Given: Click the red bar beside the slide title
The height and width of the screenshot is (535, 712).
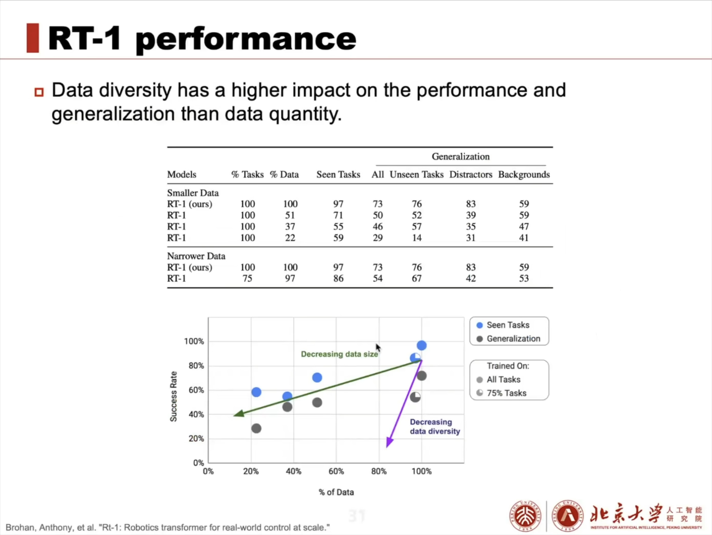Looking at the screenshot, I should [x=32, y=38].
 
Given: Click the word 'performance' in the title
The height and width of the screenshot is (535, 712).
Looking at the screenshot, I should [x=246, y=39].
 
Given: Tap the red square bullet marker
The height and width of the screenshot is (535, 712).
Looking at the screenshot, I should [x=39, y=92].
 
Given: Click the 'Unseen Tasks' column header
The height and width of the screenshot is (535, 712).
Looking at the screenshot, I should [x=416, y=174].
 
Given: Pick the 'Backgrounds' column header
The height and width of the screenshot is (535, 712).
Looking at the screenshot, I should [x=524, y=174].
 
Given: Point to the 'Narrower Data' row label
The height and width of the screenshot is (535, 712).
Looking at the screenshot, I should [x=196, y=256].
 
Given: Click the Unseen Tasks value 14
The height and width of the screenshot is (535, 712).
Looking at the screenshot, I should [x=417, y=238].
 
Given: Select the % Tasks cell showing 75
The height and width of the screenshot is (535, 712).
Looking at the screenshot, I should [x=247, y=278].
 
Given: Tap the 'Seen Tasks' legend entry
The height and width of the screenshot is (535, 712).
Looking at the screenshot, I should [x=508, y=325].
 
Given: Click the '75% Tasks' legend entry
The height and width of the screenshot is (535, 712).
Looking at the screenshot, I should [x=506, y=393].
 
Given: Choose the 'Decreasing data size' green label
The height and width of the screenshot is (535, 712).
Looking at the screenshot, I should [x=339, y=354].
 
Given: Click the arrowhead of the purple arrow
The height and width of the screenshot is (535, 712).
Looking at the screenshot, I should [x=389, y=443].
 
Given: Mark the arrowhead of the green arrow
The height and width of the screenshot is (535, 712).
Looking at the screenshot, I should [x=238, y=414].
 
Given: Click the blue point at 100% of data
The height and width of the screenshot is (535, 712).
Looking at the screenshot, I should [x=421, y=345].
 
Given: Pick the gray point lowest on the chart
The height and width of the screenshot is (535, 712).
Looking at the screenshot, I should [x=256, y=429].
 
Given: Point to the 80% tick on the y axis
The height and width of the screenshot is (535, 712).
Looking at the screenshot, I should [x=196, y=366].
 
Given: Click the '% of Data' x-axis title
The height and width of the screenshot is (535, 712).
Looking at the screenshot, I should [x=336, y=492].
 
